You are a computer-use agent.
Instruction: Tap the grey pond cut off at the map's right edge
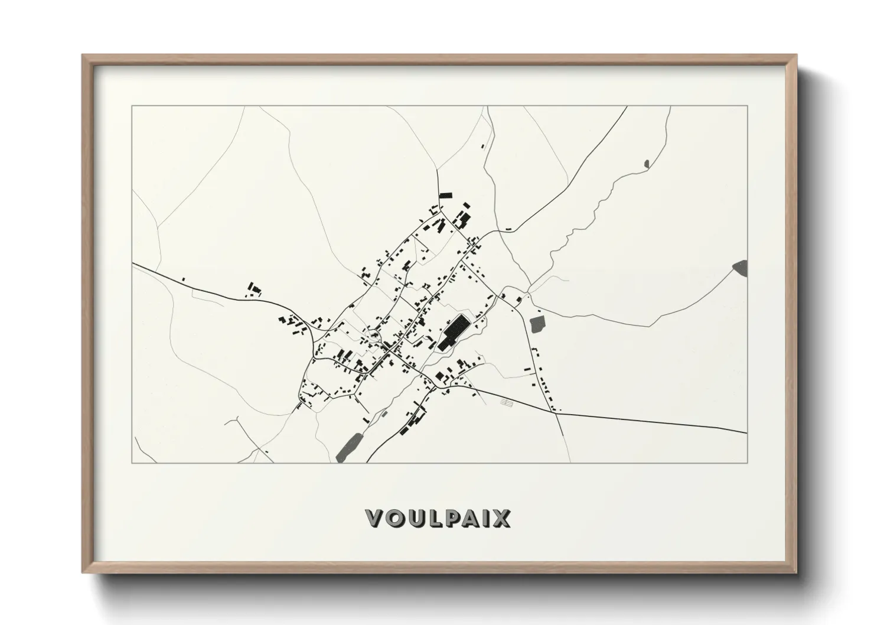coord(741,267)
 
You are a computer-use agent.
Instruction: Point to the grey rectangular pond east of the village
coord(537,324)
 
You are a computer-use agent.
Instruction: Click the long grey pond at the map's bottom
coord(349,446)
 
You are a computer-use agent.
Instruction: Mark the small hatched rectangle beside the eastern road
coord(507,401)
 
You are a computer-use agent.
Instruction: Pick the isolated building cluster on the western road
coord(254,289)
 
